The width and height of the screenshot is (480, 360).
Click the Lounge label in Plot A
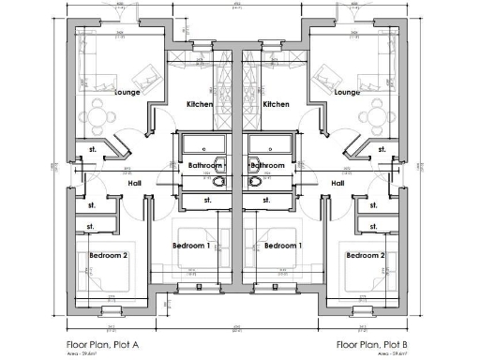127,93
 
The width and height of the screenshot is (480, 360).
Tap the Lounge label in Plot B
347,93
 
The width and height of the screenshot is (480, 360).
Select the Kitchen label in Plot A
201,104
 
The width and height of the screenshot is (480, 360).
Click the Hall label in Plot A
134,183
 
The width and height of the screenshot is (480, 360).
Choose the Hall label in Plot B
338,183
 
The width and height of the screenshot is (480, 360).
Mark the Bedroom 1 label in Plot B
282,246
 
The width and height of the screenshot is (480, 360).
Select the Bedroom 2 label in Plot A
108,255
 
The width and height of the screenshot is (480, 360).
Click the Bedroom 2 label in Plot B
365,255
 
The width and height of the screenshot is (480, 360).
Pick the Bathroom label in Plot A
205,166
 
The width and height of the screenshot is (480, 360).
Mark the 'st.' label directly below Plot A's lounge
93,147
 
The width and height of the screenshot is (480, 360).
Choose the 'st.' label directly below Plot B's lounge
382,147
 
